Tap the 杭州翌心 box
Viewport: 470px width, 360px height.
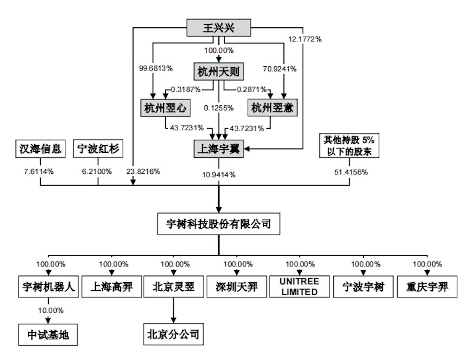point(165,108)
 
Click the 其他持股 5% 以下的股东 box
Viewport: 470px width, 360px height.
point(349,146)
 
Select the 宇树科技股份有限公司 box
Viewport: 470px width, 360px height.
point(219,224)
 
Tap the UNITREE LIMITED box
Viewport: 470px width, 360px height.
point(299,286)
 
